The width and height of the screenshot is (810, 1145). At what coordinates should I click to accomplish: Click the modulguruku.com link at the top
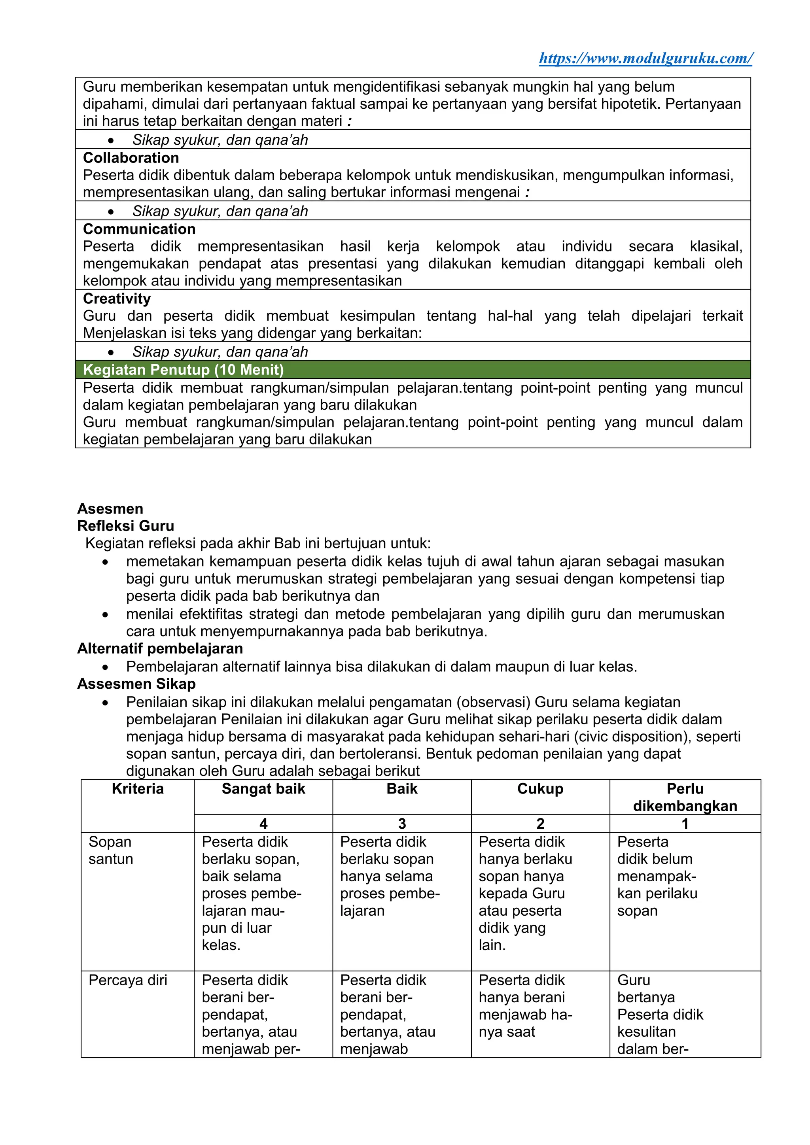pos(645,59)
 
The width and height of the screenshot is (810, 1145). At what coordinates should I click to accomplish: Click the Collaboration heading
pos(131,158)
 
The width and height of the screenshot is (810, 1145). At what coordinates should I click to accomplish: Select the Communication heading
pos(139,229)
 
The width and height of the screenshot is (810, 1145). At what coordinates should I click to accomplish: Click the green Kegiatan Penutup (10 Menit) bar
pos(413,370)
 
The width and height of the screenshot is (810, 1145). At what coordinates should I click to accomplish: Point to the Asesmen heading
pos(110,509)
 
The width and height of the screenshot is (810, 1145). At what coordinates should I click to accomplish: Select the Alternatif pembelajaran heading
pos(160,648)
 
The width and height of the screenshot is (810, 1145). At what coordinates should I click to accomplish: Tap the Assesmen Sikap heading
pos(136,684)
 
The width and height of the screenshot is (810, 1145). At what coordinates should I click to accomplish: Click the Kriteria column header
pos(138,788)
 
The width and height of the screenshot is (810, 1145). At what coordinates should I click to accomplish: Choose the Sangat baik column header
pos(263,788)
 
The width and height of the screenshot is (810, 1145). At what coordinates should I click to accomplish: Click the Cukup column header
pos(540,788)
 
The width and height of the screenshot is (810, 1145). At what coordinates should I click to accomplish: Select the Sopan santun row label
pos(111,850)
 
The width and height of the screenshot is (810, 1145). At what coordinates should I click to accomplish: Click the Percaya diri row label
pos(128,980)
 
